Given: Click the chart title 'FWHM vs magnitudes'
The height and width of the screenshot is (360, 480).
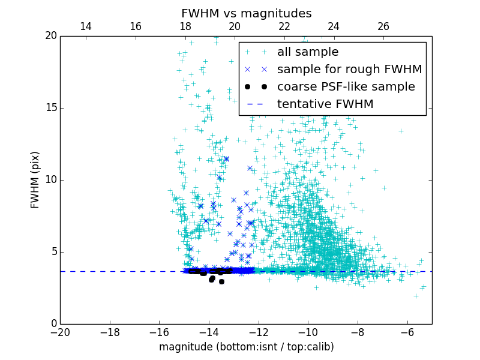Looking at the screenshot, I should click(246, 13).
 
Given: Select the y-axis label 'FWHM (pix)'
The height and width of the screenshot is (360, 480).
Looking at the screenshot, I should click(35, 180).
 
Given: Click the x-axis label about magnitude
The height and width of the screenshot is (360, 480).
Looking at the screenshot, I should click(246, 347).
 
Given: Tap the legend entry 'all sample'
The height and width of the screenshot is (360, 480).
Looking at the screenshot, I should click(308, 52).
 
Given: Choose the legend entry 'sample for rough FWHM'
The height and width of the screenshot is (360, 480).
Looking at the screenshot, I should click(349, 70).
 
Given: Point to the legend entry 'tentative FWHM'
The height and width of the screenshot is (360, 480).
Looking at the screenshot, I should click(325, 104).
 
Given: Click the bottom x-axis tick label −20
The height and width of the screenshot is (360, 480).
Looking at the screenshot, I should click(60, 332).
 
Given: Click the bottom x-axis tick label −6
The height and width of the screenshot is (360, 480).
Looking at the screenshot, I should click(407, 332).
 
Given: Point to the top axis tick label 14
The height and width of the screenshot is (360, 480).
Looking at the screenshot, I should click(85, 26).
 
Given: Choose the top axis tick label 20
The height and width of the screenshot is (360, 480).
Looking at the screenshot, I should click(235, 26).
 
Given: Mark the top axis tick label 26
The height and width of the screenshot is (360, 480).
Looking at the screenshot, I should click(383, 26).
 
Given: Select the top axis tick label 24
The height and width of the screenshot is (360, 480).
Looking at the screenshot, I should click(334, 26).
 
